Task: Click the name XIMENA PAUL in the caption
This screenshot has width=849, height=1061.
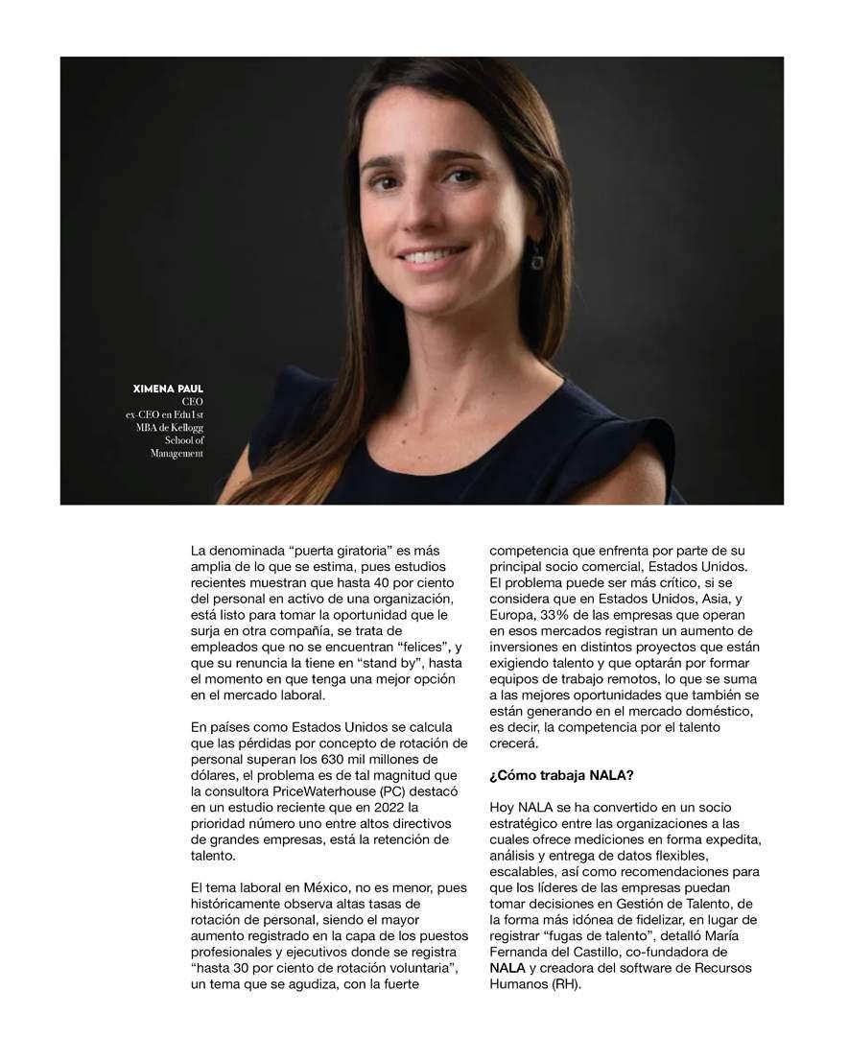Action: click(169, 389)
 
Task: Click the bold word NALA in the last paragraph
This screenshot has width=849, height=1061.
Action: click(507, 968)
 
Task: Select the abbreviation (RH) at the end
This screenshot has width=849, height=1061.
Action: click(566, 984)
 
